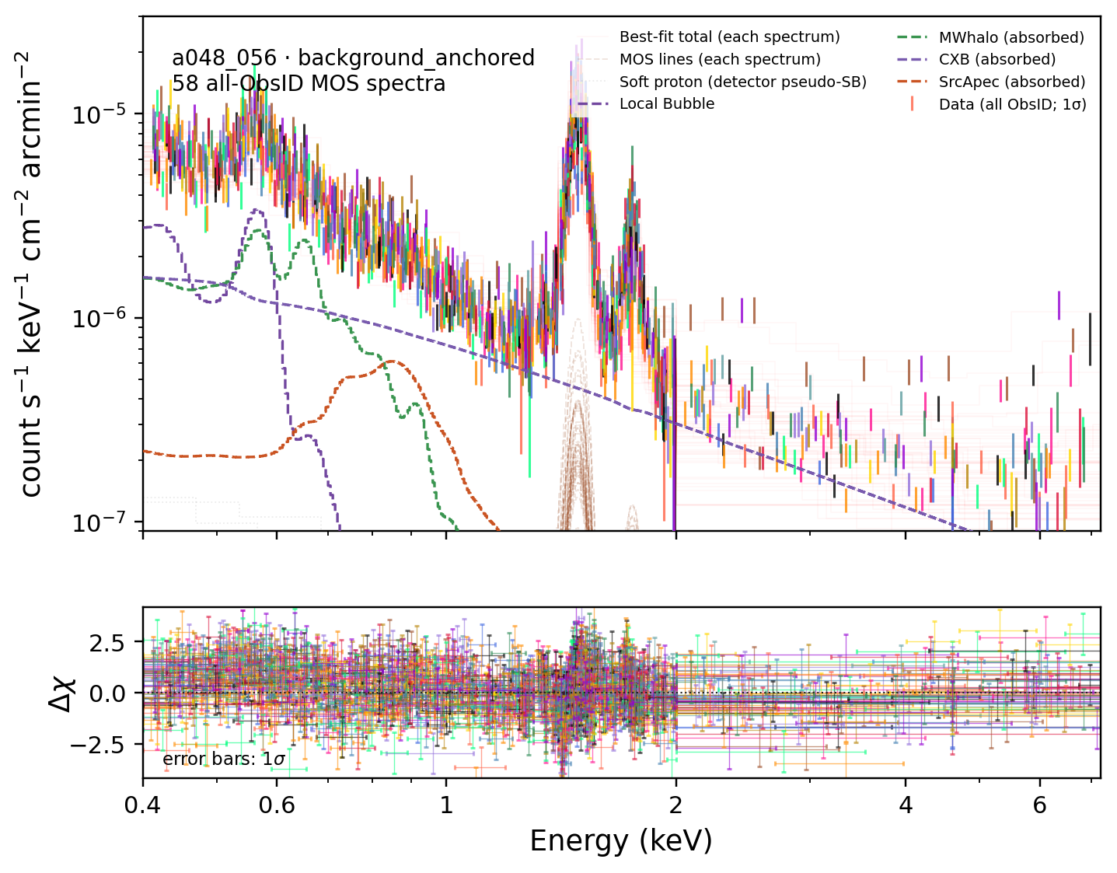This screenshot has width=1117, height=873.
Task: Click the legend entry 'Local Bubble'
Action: coord(667,104)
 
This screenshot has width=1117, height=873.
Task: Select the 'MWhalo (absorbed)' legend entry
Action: coord(1011,37)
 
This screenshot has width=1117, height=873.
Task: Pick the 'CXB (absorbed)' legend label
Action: coord(997,60)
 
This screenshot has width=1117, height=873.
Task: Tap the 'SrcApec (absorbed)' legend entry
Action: coord(1012,82)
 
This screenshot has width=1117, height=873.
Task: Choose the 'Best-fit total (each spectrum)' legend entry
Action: coord(729,37)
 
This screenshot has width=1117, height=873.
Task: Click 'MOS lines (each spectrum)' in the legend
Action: coord(720,60)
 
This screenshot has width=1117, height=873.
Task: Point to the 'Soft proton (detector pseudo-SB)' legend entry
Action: coord(743,82)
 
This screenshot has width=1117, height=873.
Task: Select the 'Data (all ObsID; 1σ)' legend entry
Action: coord(1013,104)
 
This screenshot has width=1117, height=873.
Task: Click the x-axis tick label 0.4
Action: coord(142,805)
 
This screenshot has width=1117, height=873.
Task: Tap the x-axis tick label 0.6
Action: coord(277,805)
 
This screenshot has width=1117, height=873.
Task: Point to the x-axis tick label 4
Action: coord(906,805)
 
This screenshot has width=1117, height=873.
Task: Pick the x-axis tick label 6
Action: coord(1039,805)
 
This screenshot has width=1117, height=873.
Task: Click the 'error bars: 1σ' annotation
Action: coord(224,759)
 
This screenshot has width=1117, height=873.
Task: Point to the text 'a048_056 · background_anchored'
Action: coord(353,58)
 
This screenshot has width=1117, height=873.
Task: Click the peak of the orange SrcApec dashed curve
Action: coord(392,361)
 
